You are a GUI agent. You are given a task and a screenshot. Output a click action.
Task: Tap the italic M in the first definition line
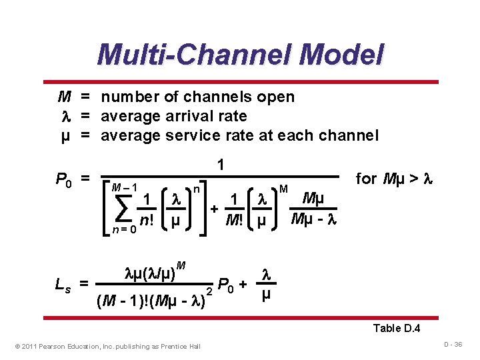pos(64,97)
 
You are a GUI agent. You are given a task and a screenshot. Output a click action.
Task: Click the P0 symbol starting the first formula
pos(64,179)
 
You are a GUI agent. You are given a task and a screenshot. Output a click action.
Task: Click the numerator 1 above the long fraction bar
pos(221,164)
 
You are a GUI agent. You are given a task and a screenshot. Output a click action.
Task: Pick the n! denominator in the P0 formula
pos(146,221)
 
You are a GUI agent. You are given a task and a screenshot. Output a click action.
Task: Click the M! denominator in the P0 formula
pos(234,221)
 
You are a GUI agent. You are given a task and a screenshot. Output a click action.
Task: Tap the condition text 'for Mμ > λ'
pos(395,179)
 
